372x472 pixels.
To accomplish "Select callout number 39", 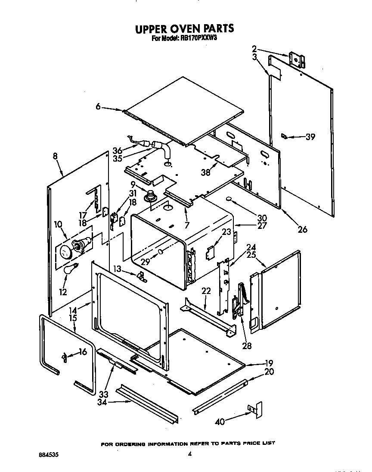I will [x=310, y=137].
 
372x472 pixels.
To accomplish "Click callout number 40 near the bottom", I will [x=220, y=422].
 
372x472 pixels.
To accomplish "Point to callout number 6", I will [x=98, y=106].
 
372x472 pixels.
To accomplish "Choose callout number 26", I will [x=303, y=229].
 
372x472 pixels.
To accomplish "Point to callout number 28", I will [x=247, y=345].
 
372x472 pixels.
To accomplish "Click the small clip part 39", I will [x=284, y=136].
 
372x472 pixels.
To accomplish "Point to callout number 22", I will [x=206, y=291].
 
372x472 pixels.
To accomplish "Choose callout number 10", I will [x=58, y=224].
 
